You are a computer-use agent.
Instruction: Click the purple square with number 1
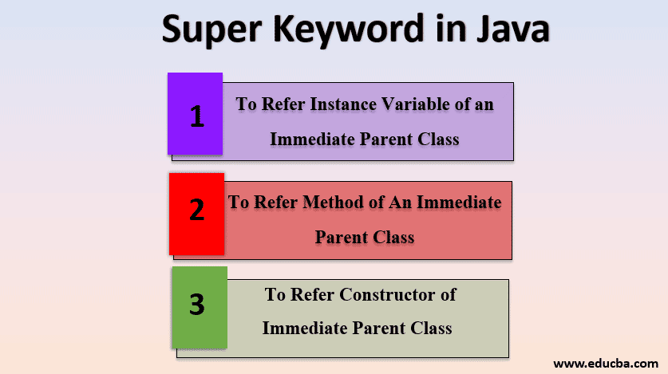pyautogui.click(x=196, y=114)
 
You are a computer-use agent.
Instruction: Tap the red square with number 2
pyautogui.click(x=196, y=213)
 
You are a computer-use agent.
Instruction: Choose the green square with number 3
pyautogui.click(x=199, y=306)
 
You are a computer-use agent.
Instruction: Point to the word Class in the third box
pyautogui.click(x=430, y=328)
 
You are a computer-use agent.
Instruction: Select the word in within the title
pyautogui.click(x=441, y=30)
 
